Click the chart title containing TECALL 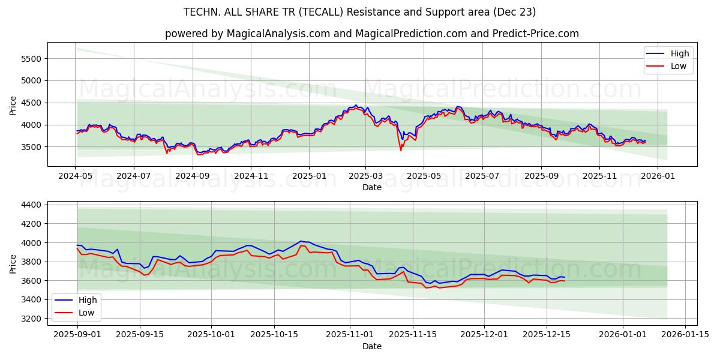pyautogui.click(x=360, y=12)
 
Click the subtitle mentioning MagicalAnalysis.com pyautogui.click(x=372, y=34)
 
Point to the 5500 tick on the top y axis pyautogui.click(x=30, y=58)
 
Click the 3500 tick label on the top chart pyautogui.click(x=30, y=147)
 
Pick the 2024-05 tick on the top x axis pyautogui.click(x=75, y=176)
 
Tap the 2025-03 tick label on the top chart pyautogui.click(x=365, y=176)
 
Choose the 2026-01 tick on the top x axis pyautogui.click(x=658, y=176)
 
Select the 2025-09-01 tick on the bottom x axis pyautogui.click(x=77, y=335)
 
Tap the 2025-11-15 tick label pyautogui.click(x=412, y=335)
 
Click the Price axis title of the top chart pyautogui.click(x=13, y=105)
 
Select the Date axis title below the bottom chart pyautogui.click(x=372, y=346)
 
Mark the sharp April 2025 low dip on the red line pyautogui.click(x=401, y=150)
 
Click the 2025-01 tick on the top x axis pyautogui.click(x=309, y=176)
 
